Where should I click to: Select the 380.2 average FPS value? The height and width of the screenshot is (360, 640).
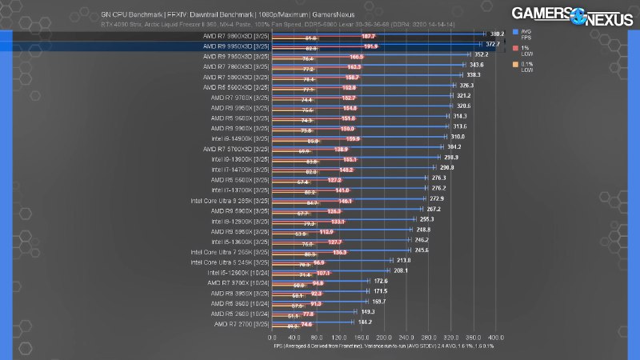[497, 34]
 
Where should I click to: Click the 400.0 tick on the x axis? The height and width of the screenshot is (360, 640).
[496, 338]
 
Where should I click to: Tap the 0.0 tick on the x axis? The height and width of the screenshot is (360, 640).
[273, 338]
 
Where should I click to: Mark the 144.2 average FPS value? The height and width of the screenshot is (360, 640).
[366, 322]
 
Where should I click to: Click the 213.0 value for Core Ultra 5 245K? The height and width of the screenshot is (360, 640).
[405, 260]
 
